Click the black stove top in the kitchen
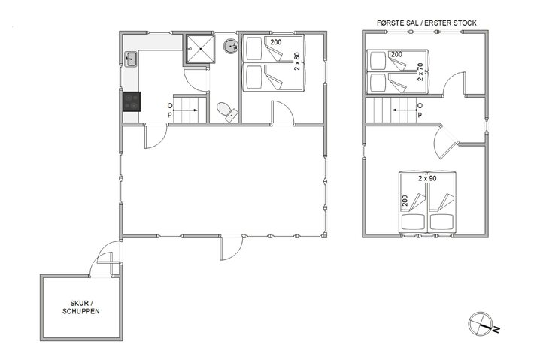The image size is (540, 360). point(132,101)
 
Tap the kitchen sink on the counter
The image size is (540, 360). point(130,58)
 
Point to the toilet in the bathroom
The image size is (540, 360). point(225,112)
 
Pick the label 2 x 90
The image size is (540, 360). point(428,179)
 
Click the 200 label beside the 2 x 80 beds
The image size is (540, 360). point(276,43)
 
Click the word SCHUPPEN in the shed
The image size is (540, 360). point(80,311)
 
